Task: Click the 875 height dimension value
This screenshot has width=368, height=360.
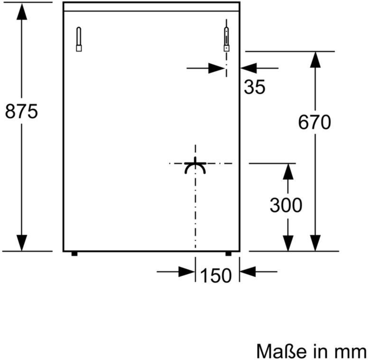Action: coord(21,111)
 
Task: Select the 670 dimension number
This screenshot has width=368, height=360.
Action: coord(314,122)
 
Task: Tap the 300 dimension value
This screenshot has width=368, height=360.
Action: coord(286,205)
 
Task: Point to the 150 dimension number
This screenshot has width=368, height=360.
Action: coord(216,275)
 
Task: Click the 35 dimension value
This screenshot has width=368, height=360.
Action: coord(255,87)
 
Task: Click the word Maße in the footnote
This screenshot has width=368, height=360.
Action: coord(281,351)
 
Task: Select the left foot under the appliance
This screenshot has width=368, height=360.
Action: coord(74,253)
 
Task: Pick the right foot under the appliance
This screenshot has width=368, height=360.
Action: coord(228,253)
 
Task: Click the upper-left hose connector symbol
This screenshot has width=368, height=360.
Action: coord(79,39)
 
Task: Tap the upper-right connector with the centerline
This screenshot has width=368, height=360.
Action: coord(227,39)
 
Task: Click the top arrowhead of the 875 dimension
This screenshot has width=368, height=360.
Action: coord(22,12)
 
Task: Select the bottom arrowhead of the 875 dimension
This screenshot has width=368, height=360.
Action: coord(22,243)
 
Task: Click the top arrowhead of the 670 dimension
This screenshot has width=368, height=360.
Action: coord(315,60)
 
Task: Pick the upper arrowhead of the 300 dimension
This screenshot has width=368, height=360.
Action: coord(288,172)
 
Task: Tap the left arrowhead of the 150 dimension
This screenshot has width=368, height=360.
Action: coord(187,272)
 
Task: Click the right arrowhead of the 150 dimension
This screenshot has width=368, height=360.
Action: coord(248,272)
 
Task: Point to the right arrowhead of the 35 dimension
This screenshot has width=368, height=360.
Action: coord(248,68)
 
